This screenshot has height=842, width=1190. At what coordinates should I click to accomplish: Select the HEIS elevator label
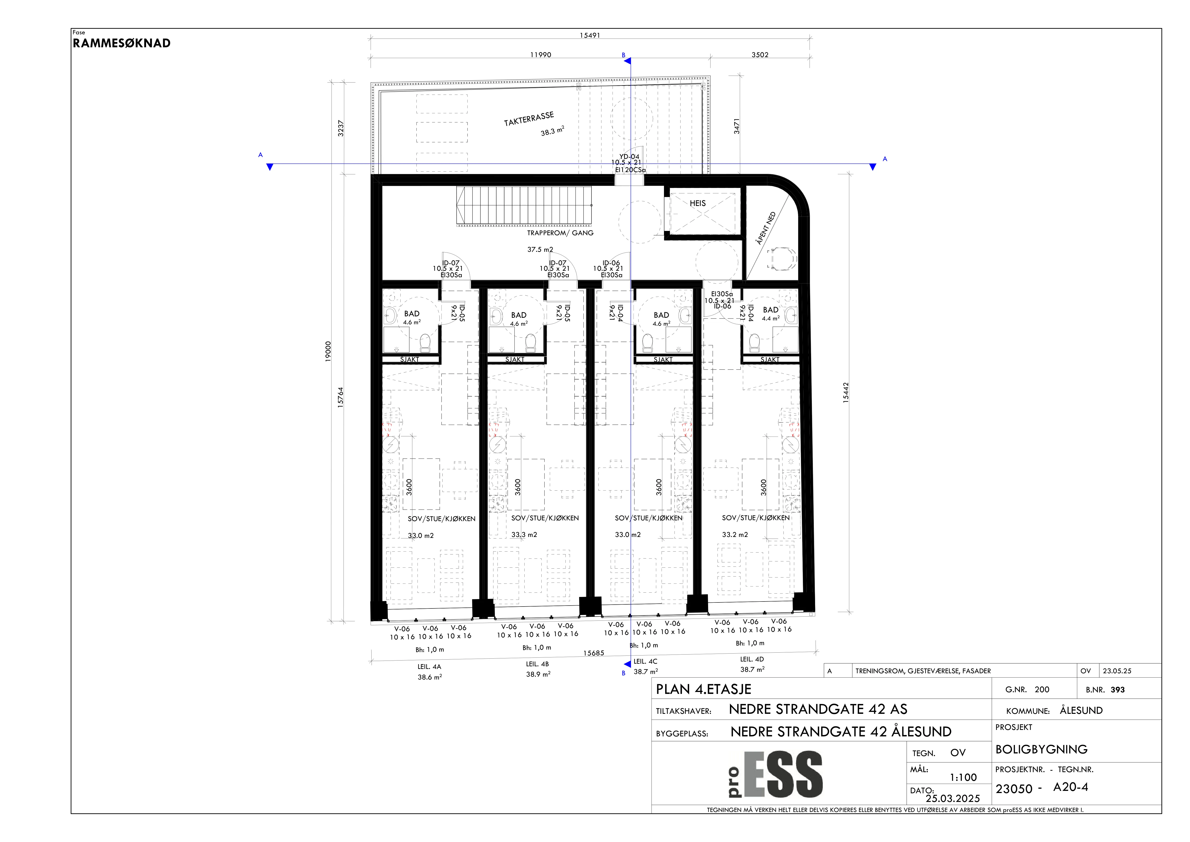(x=698, y=203)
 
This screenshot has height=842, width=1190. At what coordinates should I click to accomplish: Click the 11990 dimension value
(x=541, y=54)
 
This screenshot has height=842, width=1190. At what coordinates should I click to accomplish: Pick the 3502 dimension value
(x=760, y=54)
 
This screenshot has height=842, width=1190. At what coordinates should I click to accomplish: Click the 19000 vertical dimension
(x=328, y=351)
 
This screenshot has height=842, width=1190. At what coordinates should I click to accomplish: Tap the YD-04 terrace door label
(x=629, y=156)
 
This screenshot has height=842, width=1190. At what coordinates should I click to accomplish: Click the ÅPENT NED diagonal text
(x=766, y=228)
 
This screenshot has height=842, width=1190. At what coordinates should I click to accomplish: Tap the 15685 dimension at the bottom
(x=593, y=653)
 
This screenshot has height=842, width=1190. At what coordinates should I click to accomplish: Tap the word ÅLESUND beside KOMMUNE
(x=1081, y=710)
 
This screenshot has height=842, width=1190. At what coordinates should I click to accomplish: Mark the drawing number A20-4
(x=1071, y=787)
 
